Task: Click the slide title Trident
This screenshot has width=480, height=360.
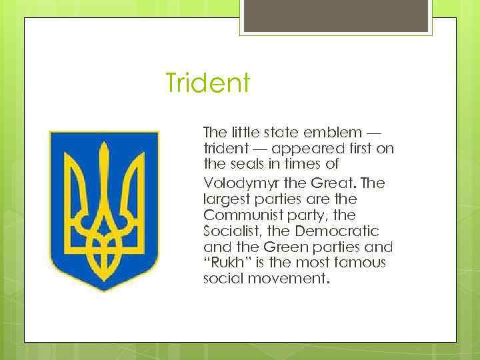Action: [207, 84]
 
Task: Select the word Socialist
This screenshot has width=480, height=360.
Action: [231, 231]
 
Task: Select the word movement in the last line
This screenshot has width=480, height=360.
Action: [289, 279]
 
